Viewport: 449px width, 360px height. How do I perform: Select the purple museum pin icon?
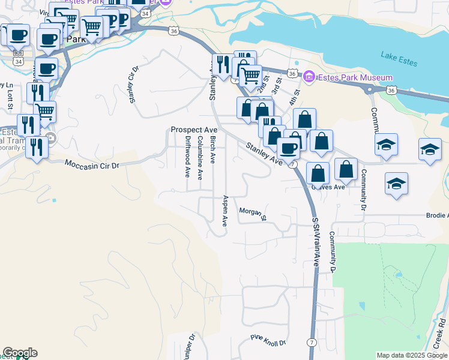coord(309,77)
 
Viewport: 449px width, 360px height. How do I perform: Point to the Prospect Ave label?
coord(193,130)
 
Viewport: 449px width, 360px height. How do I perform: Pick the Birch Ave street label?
coord(212,149)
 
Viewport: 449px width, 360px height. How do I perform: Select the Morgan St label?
coord(252,214)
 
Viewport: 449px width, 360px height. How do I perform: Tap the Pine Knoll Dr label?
coord(268,342)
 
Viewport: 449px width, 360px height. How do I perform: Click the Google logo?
coord(20,352)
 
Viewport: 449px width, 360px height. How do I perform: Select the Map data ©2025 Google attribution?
coord(412,355)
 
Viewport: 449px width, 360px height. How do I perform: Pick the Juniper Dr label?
coord(191,346)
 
